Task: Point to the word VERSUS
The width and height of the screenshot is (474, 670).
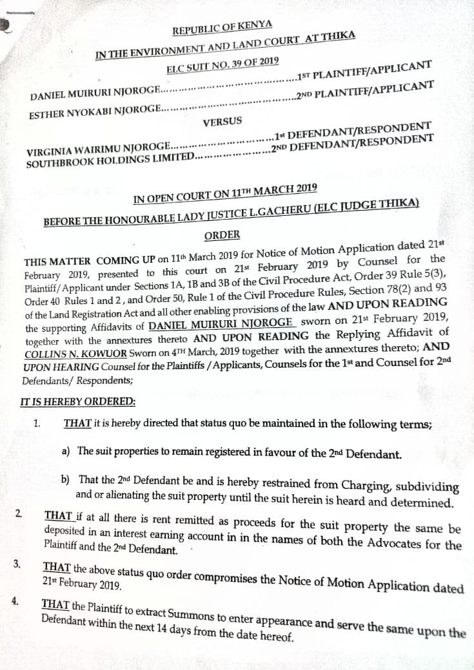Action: pos(222,122)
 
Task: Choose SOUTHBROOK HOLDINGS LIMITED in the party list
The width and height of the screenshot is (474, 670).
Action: pos(110,160)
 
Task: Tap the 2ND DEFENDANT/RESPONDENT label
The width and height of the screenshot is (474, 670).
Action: pos(352,144)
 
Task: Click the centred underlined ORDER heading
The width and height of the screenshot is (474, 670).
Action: pos(222,235)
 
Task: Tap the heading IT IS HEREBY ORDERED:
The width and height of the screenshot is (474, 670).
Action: pos(78,401)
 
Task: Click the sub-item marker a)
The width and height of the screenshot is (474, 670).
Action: pos(66,451)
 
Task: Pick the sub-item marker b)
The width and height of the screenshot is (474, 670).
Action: pos(66,480)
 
